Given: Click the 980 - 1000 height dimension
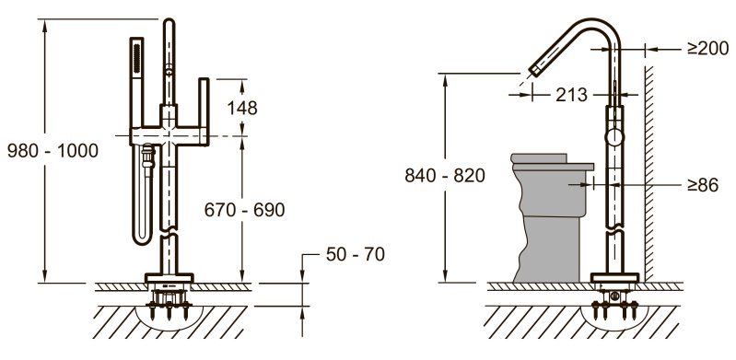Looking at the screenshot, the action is (x=53, y=151).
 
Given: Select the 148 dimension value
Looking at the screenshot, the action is (x=242, y=108).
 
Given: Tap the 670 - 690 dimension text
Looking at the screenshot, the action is (x=244, y=210).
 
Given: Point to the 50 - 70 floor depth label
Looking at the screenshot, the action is (x=356, y=254).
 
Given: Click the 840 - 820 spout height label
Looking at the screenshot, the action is (x=445, y=176).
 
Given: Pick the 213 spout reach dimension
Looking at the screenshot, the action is (x=571, y=95).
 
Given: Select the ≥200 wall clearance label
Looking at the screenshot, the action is (x=707, y=49).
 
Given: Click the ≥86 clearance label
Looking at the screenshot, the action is (x=703, y=185).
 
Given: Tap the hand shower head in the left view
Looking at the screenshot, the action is (x=136, y=57).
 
